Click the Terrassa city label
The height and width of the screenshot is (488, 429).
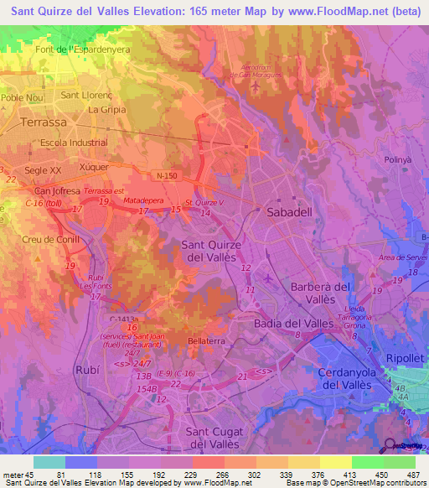click(44, 122)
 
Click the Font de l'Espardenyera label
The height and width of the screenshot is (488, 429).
click(76, 49)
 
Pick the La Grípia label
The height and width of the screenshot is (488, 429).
click(106, 109)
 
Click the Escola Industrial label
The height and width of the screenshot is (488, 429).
click(75, 143)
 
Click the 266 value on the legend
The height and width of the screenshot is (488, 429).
click(221, 475)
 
